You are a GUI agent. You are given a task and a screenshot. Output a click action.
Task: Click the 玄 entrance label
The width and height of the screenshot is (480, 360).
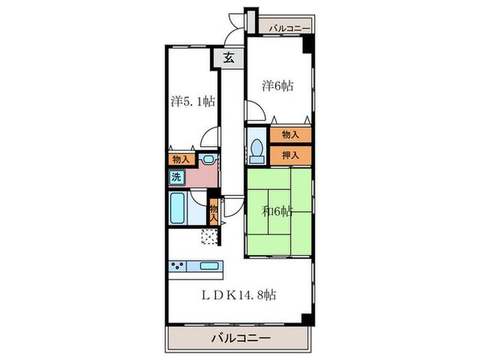(229, 58)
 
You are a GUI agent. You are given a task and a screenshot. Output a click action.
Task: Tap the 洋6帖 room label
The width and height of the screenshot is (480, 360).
(278, 86)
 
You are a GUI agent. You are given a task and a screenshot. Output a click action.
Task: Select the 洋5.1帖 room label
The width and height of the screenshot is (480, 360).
(193, 101)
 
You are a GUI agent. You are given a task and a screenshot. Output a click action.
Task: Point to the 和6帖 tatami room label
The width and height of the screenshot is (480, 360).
(277, 211)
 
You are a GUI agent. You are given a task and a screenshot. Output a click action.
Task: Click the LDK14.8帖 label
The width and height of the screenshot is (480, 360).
(239, 295)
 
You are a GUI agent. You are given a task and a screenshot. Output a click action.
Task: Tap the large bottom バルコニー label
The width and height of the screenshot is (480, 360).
(241, 338)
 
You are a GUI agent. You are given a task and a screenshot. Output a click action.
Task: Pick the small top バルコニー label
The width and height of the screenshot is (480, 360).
(289, 29)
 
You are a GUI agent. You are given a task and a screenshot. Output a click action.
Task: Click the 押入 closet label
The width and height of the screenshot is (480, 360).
(291, 156)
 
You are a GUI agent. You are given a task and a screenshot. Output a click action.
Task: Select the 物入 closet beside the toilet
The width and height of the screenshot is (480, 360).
(291, 134)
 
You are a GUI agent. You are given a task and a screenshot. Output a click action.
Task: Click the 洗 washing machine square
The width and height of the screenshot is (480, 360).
(177, 177)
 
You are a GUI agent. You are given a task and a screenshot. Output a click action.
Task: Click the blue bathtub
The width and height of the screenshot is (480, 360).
(177, 208)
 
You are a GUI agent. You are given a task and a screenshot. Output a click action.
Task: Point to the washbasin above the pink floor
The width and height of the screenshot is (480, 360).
(208, 159)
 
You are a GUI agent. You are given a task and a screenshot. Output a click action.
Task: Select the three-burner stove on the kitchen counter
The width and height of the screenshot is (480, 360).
(178, 266)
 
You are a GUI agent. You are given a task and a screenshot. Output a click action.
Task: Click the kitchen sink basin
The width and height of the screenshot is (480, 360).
(208, 266)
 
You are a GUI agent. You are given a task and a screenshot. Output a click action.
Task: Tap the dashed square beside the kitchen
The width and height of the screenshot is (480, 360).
(209, 237)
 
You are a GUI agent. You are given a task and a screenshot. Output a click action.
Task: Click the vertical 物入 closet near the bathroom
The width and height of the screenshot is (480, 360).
(213, 212)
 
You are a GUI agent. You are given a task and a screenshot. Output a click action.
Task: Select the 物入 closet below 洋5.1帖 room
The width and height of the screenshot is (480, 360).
(181, 160)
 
